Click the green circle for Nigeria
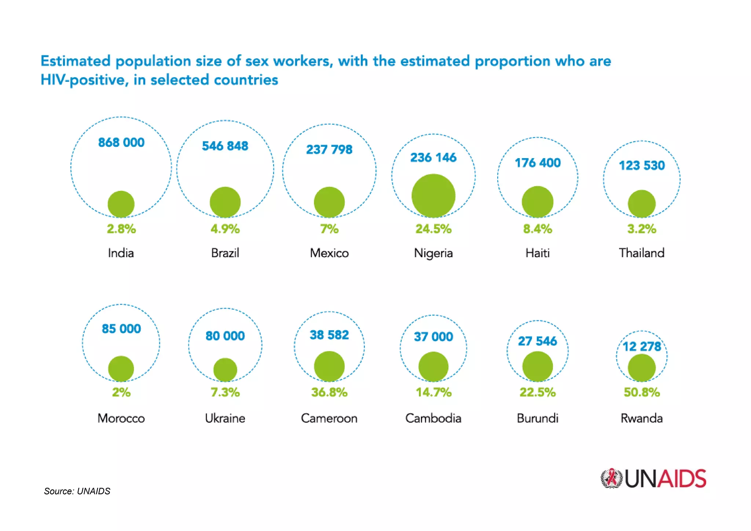point(433,196)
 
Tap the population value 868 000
point(121,142)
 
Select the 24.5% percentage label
point(433,229)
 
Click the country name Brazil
point(225,253)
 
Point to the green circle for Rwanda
point(641,368)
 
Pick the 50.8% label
point(642,392)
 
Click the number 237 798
point(329,150)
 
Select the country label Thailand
point(641,253)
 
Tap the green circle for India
point(121,204)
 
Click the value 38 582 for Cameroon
point(329,335)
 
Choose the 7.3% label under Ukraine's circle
point(225,392)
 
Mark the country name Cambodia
point(433,418)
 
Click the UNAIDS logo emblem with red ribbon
point(611,479)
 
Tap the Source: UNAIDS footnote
point(77,491)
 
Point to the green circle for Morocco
point(121,368)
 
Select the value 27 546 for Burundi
point(537,341)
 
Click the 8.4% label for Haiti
point(537,229)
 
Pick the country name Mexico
point(329,253)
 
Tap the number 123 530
point(641,166)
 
